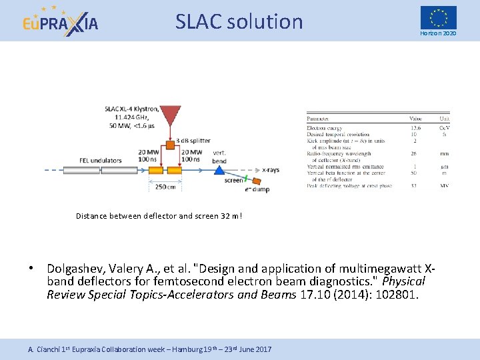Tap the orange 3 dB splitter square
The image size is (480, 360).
click(x=171, y=144)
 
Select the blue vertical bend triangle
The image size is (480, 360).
click(x=219, y=171)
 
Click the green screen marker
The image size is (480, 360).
click(x=245, y=178)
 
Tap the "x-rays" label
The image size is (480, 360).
click(x=271, y=170)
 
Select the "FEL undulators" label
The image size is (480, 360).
click(x=84, y=160)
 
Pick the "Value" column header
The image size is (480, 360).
click(x=415, y=119)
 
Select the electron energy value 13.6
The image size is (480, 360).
click(x=415, y=127)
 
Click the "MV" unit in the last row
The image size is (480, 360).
click(x=444, y=186)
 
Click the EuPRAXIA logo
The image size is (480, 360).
click(x=60, y=21)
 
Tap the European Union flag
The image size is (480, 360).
click(x=438, y=17)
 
